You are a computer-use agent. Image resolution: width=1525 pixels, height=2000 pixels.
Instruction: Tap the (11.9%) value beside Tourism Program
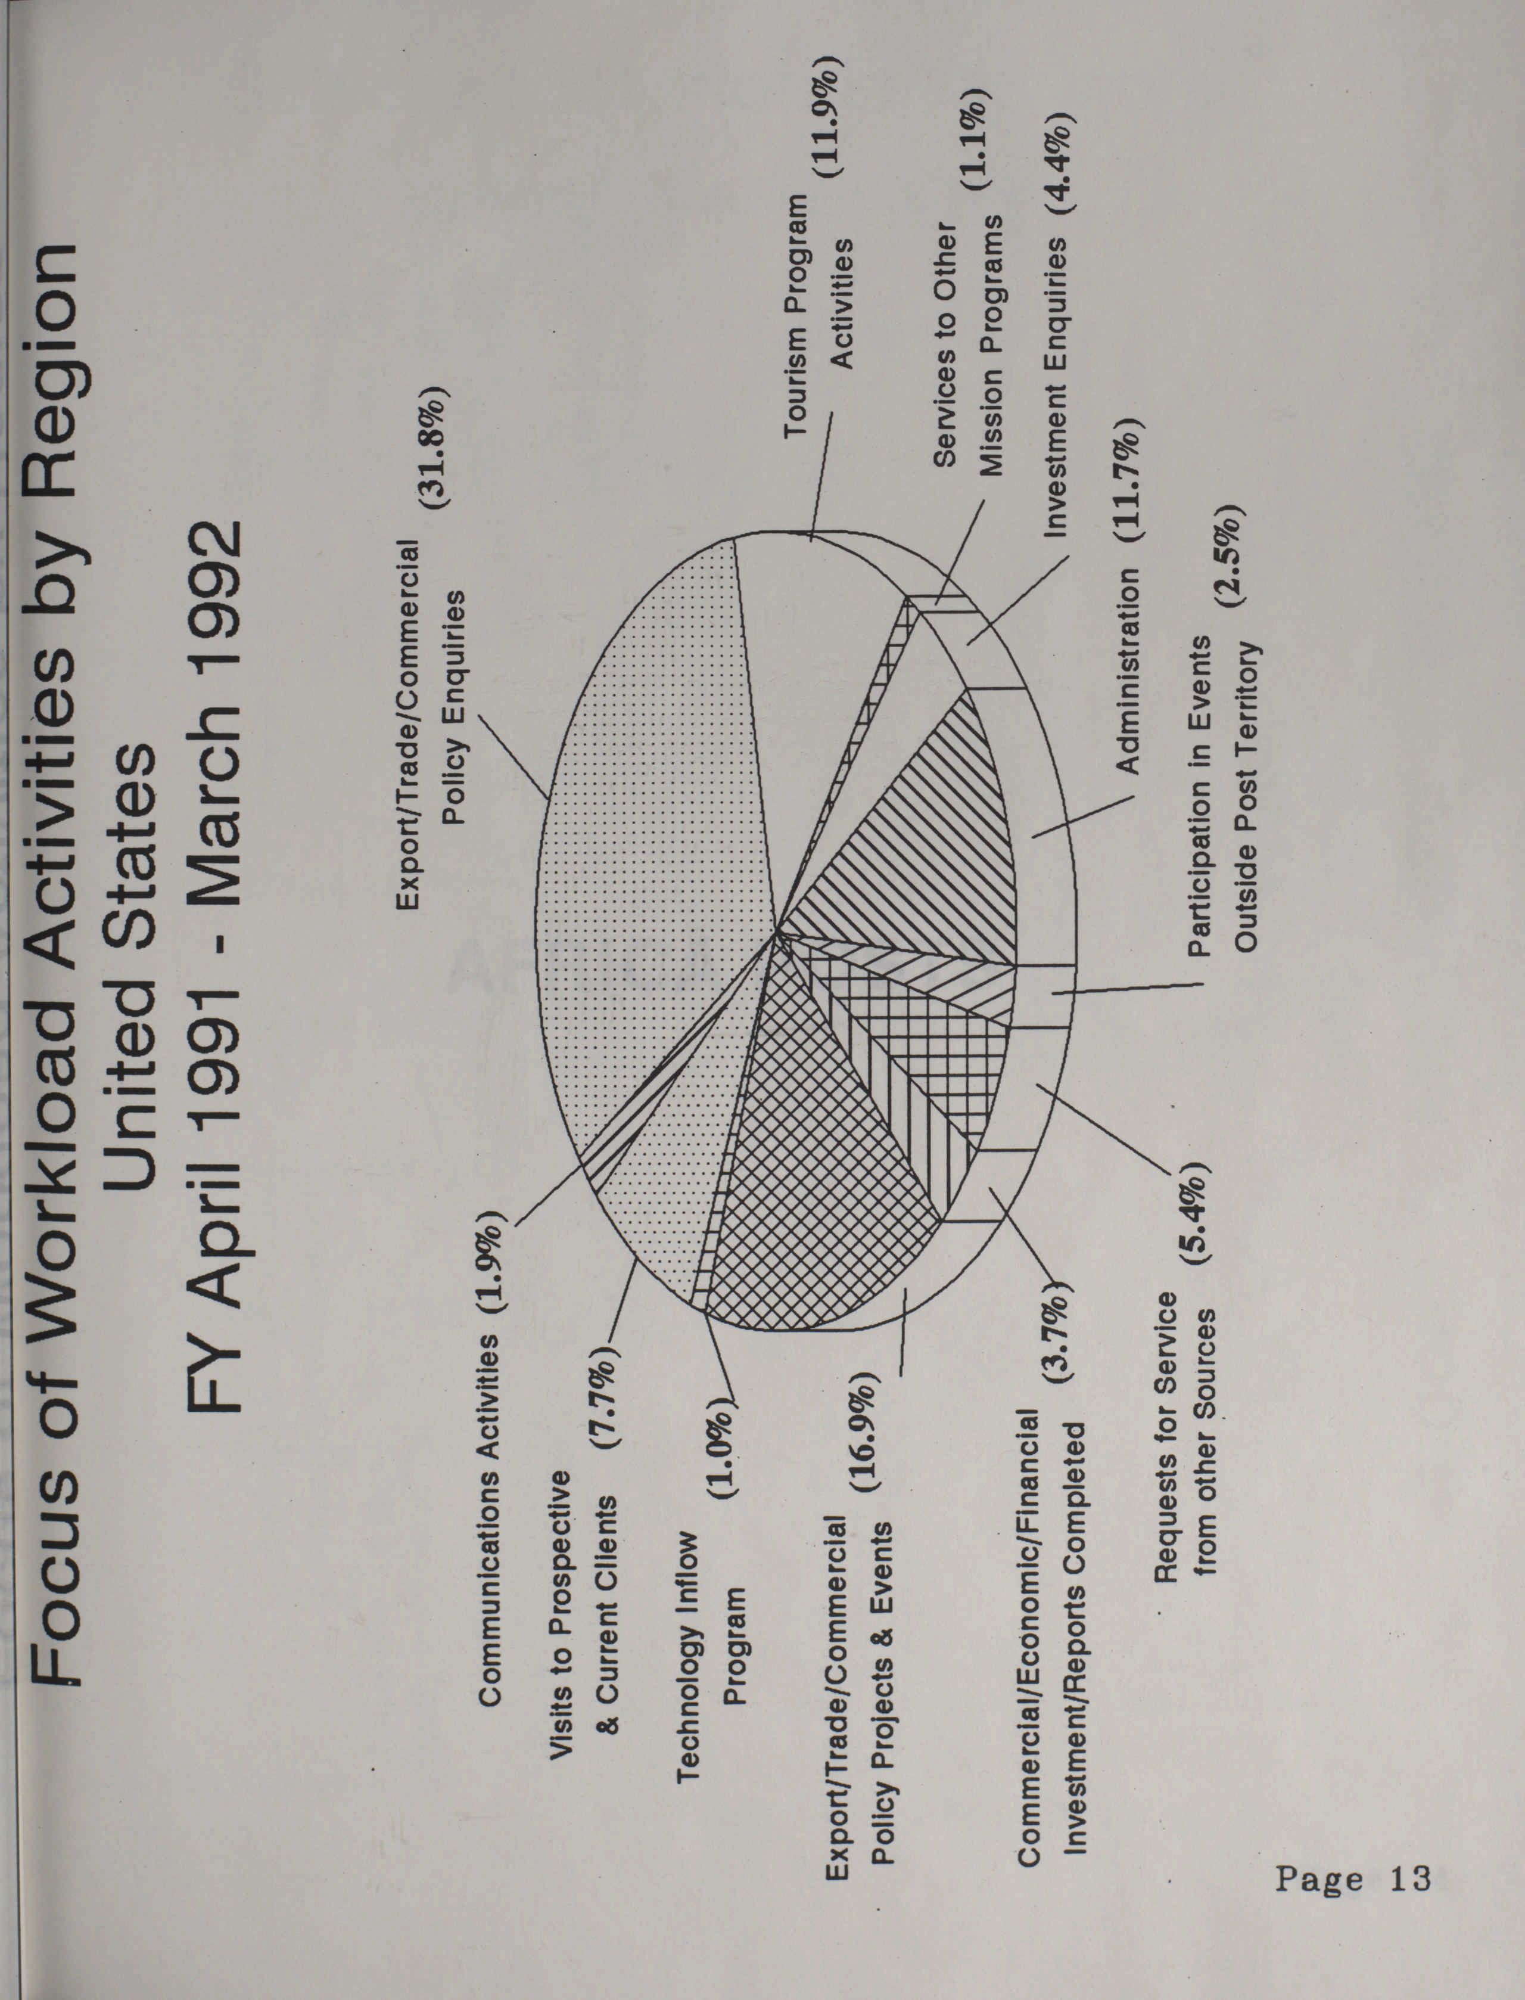coord(828,121)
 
